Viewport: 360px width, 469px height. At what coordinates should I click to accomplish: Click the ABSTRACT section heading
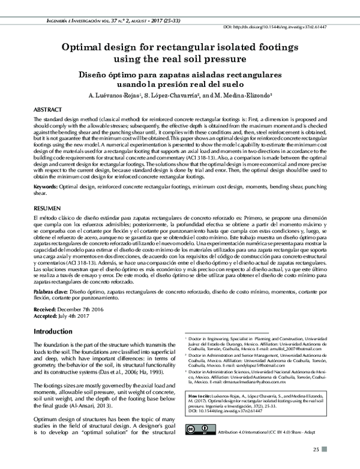tap(48, 111)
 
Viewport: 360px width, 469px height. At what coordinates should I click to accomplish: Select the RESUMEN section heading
tap(48, 205)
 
